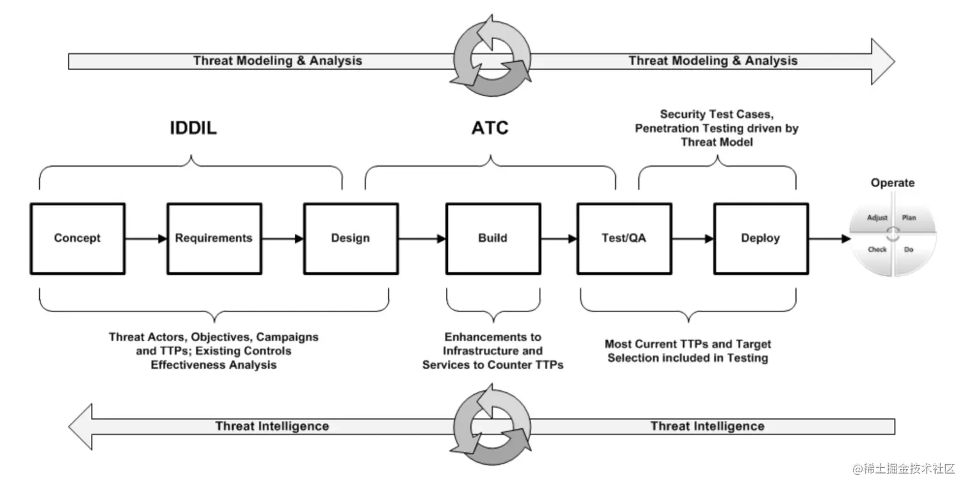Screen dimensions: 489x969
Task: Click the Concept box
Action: pyautogui.click(x=78, y=238)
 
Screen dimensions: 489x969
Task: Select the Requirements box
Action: pyautogui.click(x=214, y=238)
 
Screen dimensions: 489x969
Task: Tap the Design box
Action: pyautogui.click(x=351, y=238)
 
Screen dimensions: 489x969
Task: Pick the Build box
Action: pyautogui.click(x=493, y=238)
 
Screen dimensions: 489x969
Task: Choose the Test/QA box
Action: pyautogui.click(x=624, y=238)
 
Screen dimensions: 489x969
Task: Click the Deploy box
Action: pyautogui.click(x=761, y=238)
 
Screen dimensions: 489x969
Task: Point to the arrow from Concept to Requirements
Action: pyautogui.click(x=145, y=238)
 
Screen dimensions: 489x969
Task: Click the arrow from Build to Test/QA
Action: pyautogui.click(x=558, y=238)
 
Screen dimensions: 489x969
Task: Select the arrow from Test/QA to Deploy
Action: pyautogui.click(x=693, y=238)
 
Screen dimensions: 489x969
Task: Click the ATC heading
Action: pyautogui.click(x=490, y=128)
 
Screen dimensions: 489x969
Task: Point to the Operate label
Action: pyautogui.click(x=893, y=183)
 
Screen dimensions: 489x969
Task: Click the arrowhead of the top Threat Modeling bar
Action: pyautogui.click(x=882, y=61)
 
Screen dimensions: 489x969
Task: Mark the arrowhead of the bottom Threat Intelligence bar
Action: pyautogui.click(x=81, y=426)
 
